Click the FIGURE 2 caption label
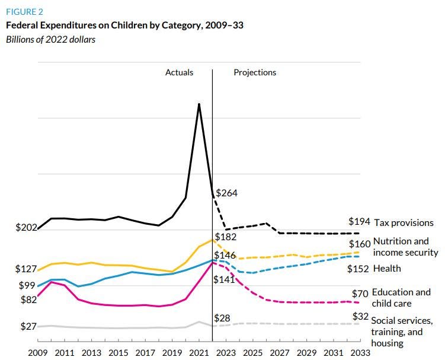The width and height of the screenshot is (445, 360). pos(24,11)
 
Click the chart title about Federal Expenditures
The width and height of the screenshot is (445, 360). pos(124,26)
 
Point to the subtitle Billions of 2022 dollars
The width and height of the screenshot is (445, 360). pos(50,40)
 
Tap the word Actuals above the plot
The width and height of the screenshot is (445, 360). pos(179,72)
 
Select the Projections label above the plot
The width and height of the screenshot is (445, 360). pos(255,72)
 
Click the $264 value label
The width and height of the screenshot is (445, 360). pos(226,193)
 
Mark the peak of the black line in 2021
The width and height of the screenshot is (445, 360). pos(199,104)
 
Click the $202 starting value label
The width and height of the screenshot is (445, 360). pos(26,227)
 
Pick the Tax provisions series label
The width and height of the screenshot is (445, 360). pos(403,223)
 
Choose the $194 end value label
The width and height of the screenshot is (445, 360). pos(359,222)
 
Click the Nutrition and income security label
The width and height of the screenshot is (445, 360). pos(405,247)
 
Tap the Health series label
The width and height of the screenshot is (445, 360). pos(387,268)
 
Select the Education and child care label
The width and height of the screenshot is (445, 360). pos(401,298)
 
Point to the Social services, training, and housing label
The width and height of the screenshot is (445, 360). pos(402,332)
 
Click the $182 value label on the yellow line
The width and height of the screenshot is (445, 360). pos(226,237)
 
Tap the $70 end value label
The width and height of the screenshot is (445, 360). pos(361,294)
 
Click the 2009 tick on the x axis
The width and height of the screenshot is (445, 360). pos(37,352)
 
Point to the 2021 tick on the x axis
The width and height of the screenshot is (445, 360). pos(199,352)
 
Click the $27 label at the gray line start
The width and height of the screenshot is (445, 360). pos(26,326)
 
